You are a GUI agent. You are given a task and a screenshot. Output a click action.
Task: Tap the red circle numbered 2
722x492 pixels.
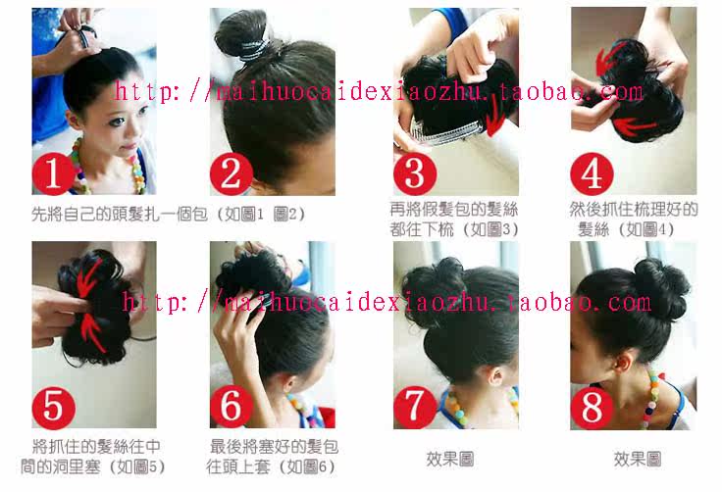(232, 174)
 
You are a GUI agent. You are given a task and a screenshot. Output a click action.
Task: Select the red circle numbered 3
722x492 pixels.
(414, 173)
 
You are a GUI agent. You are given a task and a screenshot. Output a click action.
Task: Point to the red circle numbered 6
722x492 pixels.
(232, 406)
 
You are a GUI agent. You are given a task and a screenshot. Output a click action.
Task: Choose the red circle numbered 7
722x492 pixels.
(414, 406)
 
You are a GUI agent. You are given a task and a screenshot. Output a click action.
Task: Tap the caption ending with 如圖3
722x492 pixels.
(453, 220)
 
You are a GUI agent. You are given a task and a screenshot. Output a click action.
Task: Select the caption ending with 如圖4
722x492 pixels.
(633, 220)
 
